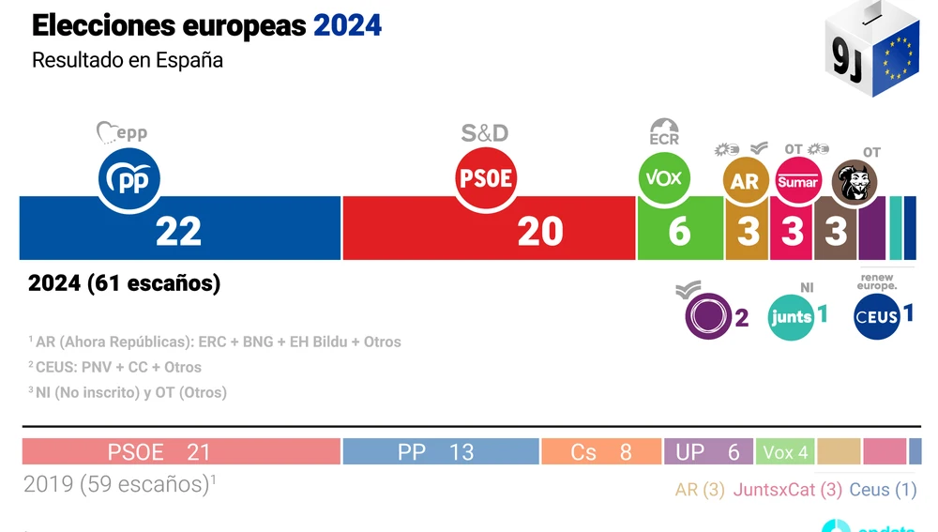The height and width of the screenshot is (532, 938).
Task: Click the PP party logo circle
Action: pyautogui.click(x=129, y=178)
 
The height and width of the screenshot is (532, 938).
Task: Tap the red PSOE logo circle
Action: pyautogui.click(x=486, y=178)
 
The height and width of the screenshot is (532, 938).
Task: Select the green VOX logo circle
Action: pyautogui.click(x=664, y=178)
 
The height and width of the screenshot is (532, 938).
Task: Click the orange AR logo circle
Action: pyautogui.click(x=745, y=180)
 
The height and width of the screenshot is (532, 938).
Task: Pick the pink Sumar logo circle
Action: pyautogui.click(x=798, y=180)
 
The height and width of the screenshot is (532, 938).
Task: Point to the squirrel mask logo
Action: pyautogui.click(x=855, y=182)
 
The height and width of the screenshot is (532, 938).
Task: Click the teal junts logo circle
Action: pyautogui.click(x=791, y=317)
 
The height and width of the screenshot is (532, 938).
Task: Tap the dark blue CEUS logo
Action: pyautogui.click(x=877, y=317)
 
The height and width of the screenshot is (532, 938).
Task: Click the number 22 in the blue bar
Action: pyautogui.click(x=178, y=231)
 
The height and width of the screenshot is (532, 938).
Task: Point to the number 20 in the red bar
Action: pyautogui.click(x=540, y=231)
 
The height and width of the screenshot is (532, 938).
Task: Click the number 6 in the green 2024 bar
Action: pyautogui.click(x=679, y=231)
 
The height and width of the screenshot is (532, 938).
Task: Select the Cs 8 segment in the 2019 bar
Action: pyautogui.click(x=600, y=452)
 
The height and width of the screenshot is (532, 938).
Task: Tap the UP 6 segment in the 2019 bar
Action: pyautogui.click(x=708, y=452)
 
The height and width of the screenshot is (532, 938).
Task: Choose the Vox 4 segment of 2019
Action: pyautogui.click(x=785, y=452)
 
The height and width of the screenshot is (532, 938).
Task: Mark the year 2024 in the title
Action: pyautogui.click(x=347, y=25)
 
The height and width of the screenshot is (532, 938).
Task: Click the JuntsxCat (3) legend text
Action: pyautogui.click(x=787, y=490)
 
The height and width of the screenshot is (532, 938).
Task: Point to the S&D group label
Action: pyautogui.click(x=484, y=133)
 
